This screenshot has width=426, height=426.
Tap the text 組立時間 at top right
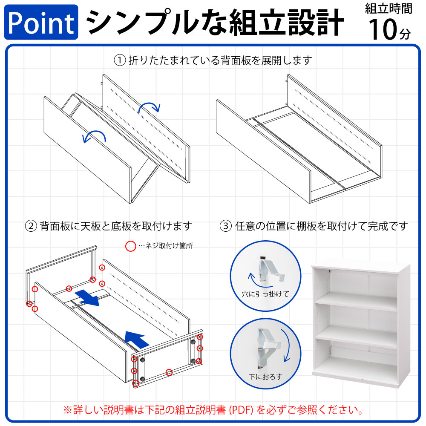pyautogui.click(x=389, y=9)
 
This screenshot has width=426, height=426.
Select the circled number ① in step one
pyautogui.click(x=120, y=60)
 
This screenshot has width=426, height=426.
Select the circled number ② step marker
pyautogui.click(x=32, y=226)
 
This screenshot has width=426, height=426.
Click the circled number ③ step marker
pyautogui.click(x=226, y=226)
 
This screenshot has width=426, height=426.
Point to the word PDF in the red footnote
pyautogui.click(x=242, y=411)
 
